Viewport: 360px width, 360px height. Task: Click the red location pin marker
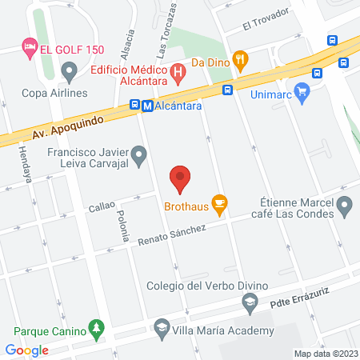(x=180, y=179)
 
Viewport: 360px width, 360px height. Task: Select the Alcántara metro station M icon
(x=136, y=105)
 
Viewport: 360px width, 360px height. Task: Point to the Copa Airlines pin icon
(x=70, y=74)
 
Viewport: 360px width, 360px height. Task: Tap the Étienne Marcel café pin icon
(x=345, y=209)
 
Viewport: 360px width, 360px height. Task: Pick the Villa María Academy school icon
(x=162, y=329)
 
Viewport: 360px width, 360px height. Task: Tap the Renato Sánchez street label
(x=172, y=234)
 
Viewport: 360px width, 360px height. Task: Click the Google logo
(x=27, y=350)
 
